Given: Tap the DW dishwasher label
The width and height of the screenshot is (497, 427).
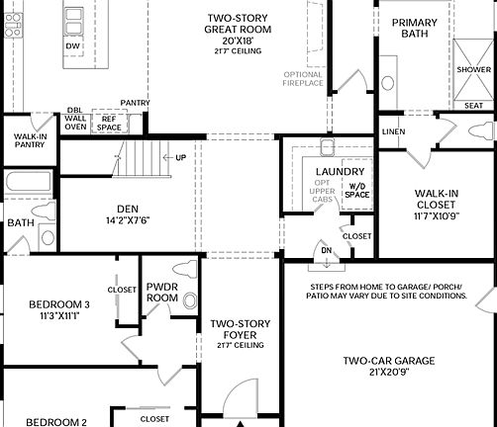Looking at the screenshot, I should pyautogui.click(x=72, y=46).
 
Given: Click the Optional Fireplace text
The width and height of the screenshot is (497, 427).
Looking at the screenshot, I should pyautogui.click(x=304, y=80).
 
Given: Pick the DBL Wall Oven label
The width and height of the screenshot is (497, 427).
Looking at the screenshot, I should pyautogui.click(x=75, y=119).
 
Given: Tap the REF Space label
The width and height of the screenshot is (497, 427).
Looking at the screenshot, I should pyautogui.click(x=110, y=124).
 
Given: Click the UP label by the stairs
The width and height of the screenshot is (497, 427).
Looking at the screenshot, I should pyautogui.click(x=180, y=157).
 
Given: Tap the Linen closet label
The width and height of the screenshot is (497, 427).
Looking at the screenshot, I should pyautogui.click(x=393, y=130).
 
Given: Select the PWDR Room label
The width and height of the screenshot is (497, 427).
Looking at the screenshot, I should pyautogui.click(x=161, y=292).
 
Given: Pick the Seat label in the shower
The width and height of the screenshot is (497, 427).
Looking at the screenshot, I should pyautogui.click(x=474, y=106).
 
